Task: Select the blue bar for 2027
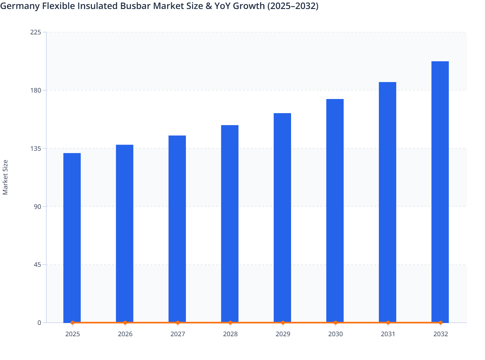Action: click(x=177, y=229)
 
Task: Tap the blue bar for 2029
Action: click(x=282, y=217)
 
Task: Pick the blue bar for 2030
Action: click(x=335, y=210)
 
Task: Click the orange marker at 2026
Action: click(x=125, y=322)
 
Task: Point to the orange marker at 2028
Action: click(x=230, y=322)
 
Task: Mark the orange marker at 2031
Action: click(x=388, y=322)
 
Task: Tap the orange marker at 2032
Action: click(x=441, y=322)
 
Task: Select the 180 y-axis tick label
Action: click(x=37, y=90)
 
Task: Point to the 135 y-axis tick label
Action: click(x=37, y=148)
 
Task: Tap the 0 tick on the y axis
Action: click(x=40, y=323)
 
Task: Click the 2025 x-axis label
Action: click(x=72, y=334)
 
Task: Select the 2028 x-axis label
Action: click(x=230, y=334)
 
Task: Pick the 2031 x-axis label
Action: click(x=388, y=334)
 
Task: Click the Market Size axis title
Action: click(x=5, y=177)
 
